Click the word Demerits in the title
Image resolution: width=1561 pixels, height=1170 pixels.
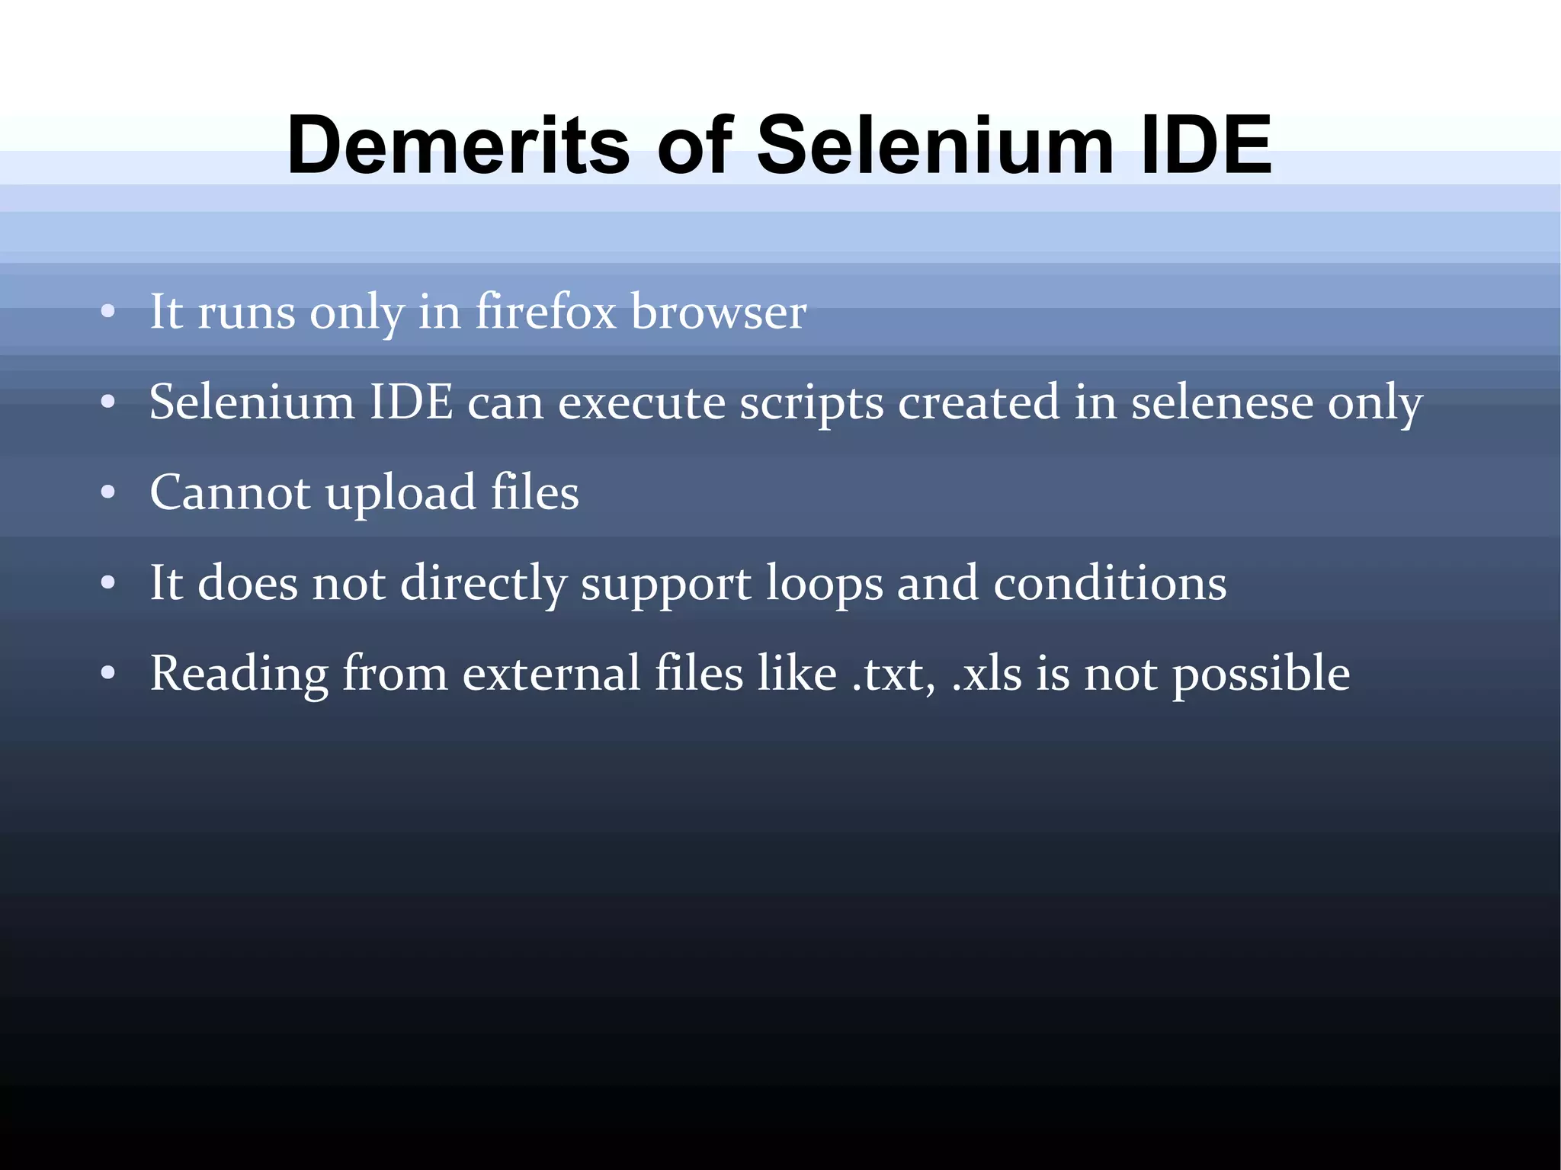[x=458, y=145]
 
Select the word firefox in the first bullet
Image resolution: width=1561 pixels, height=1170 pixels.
[x=546, y=312]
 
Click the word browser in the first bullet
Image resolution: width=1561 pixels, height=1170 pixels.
[x=719, y=312]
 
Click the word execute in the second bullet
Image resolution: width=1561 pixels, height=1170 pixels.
[x=642, y=402]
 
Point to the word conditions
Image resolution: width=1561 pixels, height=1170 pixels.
[x=1110, y=583]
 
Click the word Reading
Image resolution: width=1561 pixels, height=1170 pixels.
[x=239, y=675]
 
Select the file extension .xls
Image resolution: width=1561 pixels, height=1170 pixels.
[x=987, y=675]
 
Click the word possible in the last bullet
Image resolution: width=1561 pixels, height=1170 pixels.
[x=1261, y=675]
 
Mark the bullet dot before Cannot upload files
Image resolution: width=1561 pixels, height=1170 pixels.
[x=108, y=493]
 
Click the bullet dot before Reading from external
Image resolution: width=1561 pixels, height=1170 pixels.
[x=108, y=674]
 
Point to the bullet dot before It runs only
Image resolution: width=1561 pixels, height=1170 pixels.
[x=108, y=312]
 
